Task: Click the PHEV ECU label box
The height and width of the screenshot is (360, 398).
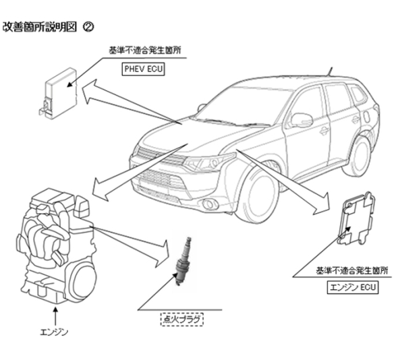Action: coord(144,69)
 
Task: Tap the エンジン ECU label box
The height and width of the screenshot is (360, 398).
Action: coord(353,287)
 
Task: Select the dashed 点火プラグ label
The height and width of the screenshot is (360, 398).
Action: coord(182,319)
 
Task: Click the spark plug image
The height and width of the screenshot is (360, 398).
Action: coord(183,261)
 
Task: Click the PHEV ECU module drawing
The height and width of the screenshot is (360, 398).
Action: coord(58,93)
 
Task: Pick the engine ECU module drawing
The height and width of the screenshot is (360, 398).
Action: coord(356,219)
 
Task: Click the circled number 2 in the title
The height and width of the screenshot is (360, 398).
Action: coord(88,27)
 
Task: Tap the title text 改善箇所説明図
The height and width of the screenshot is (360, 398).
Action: coord(40,27)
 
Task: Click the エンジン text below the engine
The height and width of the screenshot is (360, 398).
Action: coord(54,332)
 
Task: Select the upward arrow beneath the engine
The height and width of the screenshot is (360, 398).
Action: coord(56,316)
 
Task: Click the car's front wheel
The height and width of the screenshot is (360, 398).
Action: coord(256,196)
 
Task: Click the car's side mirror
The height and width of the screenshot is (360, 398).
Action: coord(301,120)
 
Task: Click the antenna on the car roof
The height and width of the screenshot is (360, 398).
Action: coord(330,71)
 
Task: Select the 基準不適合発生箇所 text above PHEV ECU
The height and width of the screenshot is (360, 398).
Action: coord(145,51)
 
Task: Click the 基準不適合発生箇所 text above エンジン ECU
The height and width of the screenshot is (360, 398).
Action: coord(352,271)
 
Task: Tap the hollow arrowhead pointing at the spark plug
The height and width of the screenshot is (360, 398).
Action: coord(163,253)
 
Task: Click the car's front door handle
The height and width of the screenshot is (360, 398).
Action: coord(324,131)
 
